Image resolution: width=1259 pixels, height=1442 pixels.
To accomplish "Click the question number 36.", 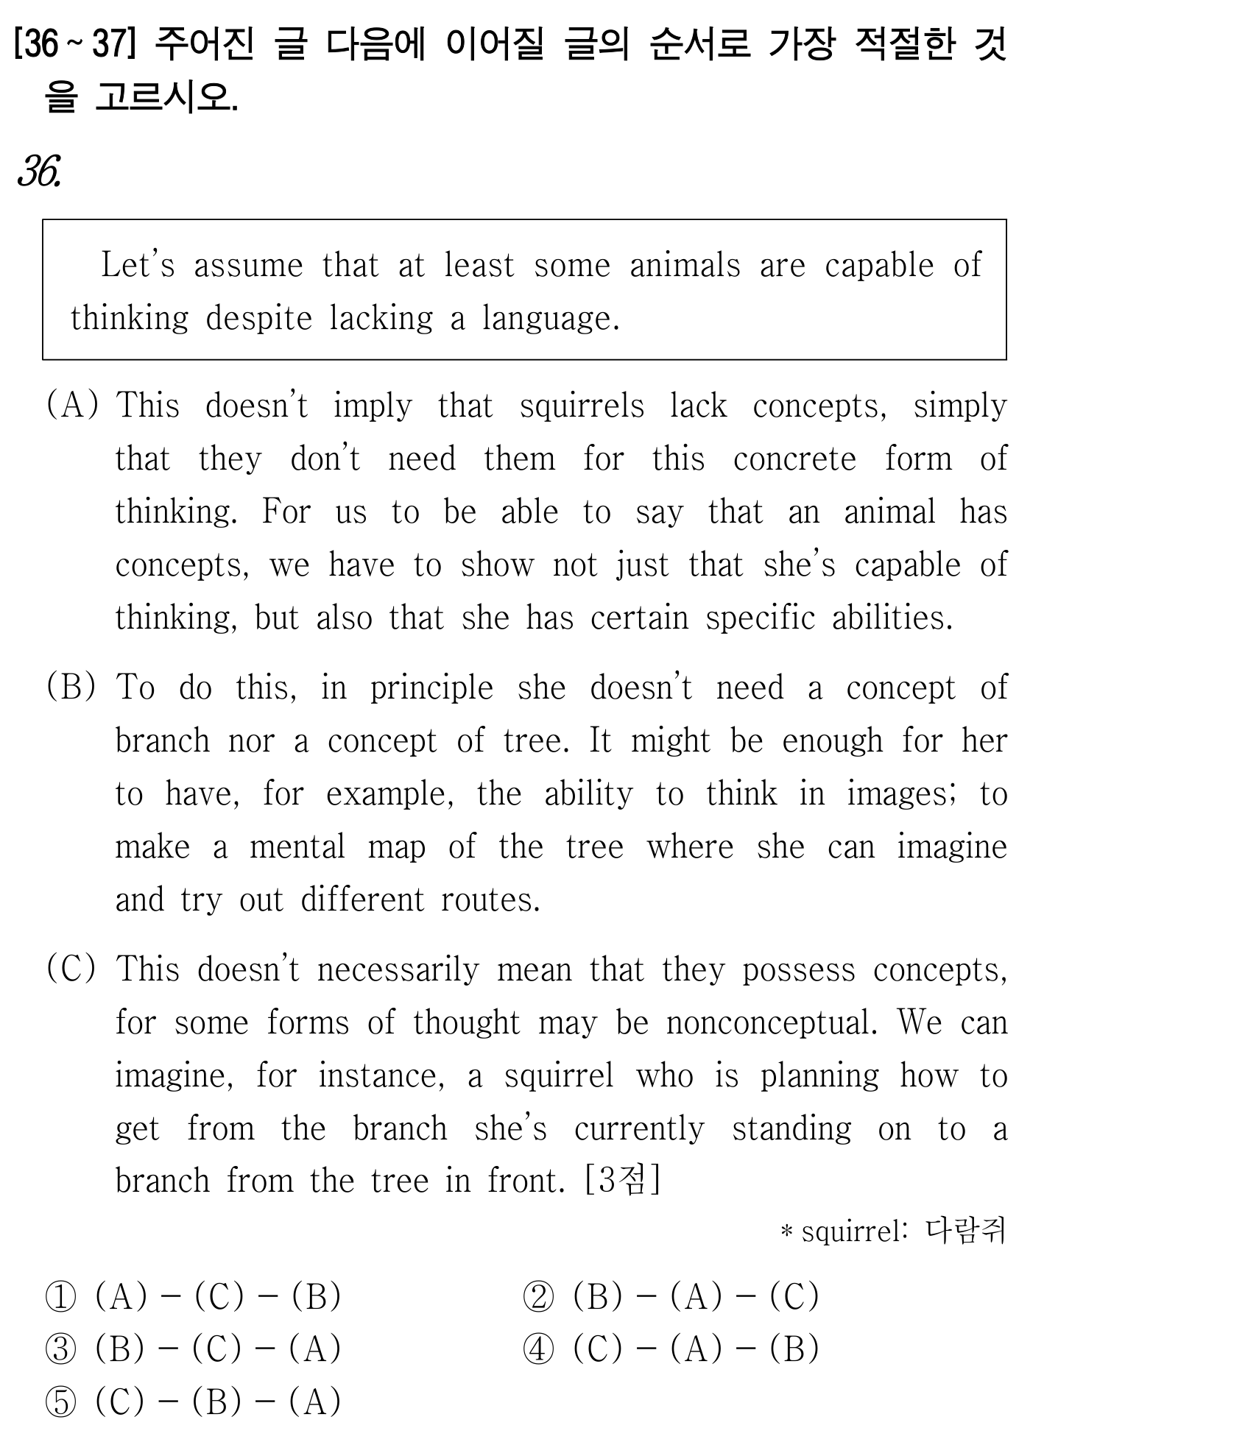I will [38, 172].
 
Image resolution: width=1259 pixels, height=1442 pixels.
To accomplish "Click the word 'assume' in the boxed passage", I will [248, 266].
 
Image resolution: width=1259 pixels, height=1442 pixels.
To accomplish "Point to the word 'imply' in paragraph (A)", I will [373, 406].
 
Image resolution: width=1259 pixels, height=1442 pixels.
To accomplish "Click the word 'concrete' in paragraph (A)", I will [794, 459].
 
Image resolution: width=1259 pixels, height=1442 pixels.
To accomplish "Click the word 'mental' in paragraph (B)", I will [297, 847].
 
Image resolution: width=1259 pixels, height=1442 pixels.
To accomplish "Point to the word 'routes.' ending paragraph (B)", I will [490, 900].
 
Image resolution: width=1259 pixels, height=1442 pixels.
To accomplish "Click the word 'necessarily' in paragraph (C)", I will [398, 970].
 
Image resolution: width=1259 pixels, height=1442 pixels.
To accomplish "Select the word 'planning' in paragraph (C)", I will [819, 1076].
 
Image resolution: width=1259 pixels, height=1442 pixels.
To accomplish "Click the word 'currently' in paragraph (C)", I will [639, 1129].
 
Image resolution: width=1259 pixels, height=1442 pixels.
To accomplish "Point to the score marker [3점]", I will [622, 1181].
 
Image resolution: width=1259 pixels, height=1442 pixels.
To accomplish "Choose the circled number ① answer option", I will [60, 1297].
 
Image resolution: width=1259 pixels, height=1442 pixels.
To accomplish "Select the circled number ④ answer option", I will [538, 1349].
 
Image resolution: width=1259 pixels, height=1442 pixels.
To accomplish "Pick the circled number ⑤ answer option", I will [60, 1402].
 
